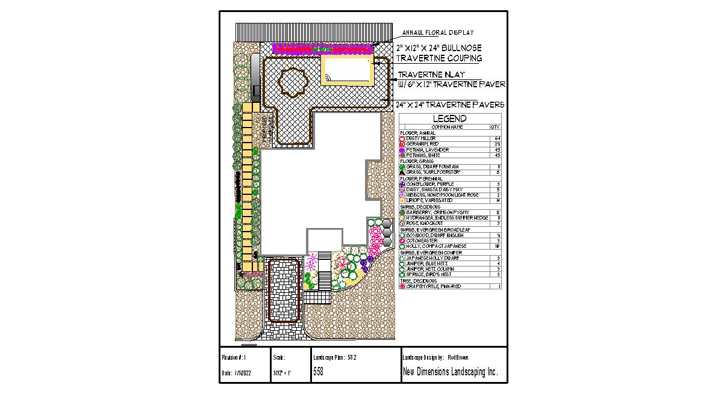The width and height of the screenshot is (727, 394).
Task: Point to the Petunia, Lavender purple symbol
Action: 402,150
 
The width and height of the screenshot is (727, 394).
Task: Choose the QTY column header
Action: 495,127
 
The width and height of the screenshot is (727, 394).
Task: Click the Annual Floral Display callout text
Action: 438,32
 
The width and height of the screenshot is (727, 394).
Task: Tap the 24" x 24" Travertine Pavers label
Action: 450,105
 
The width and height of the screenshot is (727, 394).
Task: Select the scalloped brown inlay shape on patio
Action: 293,82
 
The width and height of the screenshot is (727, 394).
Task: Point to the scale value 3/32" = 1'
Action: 282,373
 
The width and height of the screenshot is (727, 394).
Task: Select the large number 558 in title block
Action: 319,372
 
